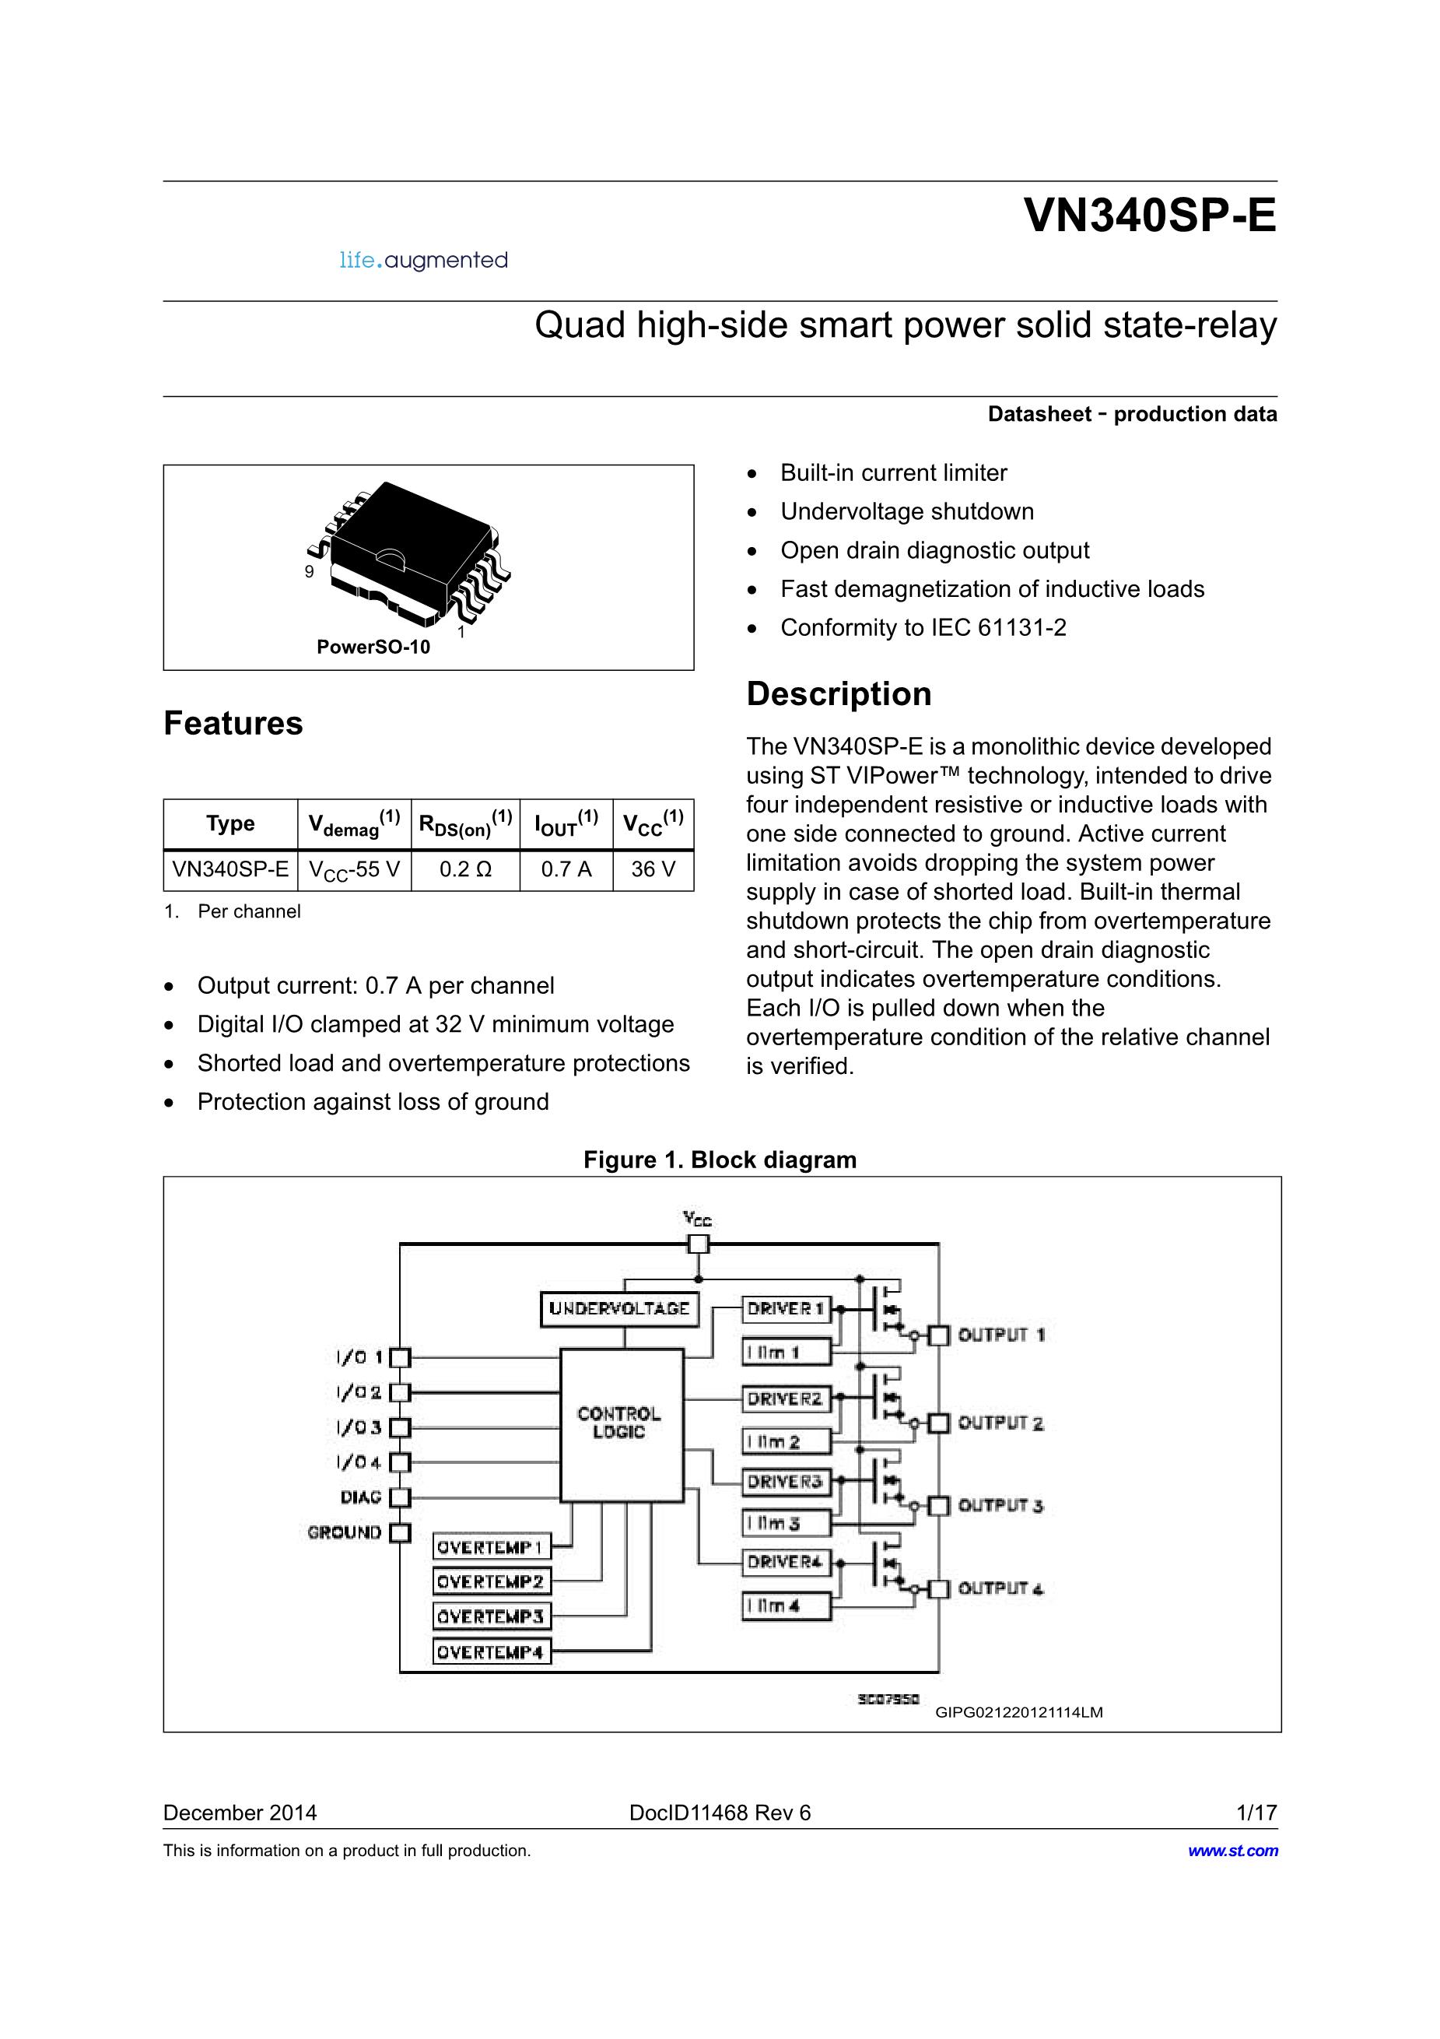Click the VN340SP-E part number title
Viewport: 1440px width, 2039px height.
(x=1150, y=216)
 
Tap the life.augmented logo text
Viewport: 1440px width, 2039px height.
(x=423, y=260)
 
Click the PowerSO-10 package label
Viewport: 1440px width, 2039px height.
(x=373, y=647)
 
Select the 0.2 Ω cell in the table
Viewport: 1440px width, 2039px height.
(x=465, y=869)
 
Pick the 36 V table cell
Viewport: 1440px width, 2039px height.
(x=653, y=869)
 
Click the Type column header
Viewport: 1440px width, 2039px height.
(x=230, y=823)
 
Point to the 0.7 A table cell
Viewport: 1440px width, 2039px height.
(x=566, y=869)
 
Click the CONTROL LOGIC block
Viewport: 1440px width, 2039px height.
(x=621, y=1423)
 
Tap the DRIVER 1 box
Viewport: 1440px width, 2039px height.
(x=786, y=1309)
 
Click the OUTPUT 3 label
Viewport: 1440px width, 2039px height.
(x=1000, y=1506)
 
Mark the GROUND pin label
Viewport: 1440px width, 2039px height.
(x=345, y=1533)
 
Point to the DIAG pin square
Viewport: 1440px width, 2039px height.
(x=401, y=1498)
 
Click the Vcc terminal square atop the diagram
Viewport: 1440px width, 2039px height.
(x=699, y=1244)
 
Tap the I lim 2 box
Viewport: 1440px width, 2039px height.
(x=786, y=1442)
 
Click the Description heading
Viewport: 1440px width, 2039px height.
(x=838, y=693)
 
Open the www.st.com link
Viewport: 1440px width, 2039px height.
(x=1232, y=1851)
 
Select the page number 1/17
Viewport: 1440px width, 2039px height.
(x=1256, y=1813)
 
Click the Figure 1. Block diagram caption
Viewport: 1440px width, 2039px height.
(x=719, y=1160)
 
